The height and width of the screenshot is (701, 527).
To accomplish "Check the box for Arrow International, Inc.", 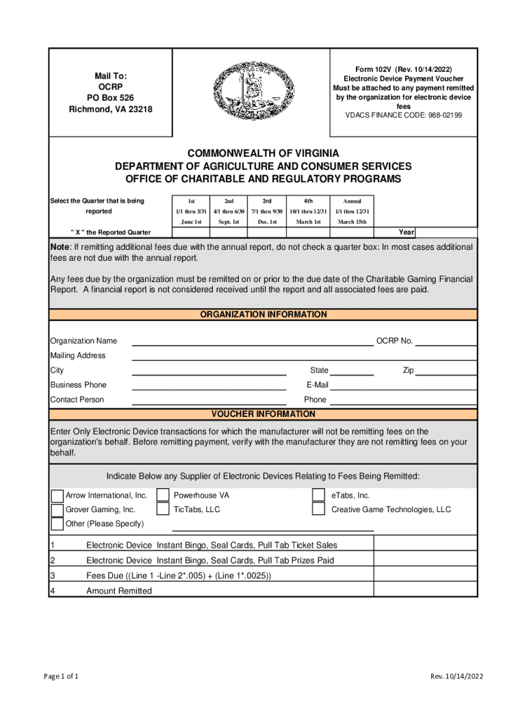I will (x=57, y=496).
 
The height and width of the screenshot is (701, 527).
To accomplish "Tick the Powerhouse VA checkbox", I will (x=163, y=495).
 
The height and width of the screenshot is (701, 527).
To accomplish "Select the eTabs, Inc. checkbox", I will (x=318, y=495).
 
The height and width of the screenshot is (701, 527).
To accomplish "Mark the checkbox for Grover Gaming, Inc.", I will (x=57, y=510).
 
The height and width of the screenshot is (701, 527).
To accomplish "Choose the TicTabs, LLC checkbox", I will (x=163, y=509).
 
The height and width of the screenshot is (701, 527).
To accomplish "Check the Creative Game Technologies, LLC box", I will (x=318, y=509).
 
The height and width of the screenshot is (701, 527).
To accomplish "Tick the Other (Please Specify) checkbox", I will (x=57, y=524).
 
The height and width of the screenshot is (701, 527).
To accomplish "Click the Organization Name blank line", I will (x=252, y=342).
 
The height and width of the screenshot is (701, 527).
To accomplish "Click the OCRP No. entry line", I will (x=446, y=342).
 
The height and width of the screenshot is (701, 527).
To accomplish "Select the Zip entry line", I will (x=446, y=371).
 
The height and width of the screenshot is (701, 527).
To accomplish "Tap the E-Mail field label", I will (x=317, y=385).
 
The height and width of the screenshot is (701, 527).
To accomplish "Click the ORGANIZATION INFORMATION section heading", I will (x=263, y=315).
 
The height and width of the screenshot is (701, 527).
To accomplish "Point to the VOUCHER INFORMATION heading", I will (x=263, y=415).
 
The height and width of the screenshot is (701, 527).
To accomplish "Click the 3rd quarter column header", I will (x=267, y=201).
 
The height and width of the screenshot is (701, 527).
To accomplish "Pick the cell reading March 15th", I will (x=352, y=222).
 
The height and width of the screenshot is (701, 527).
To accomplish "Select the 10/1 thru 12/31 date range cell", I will (x=308, y=212).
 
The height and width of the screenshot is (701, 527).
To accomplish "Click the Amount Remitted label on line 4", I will (x=119, y=591).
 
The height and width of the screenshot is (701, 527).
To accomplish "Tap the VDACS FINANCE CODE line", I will (x=403, y=116).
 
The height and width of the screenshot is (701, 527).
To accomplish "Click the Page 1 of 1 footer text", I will (x=60, y=677).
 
